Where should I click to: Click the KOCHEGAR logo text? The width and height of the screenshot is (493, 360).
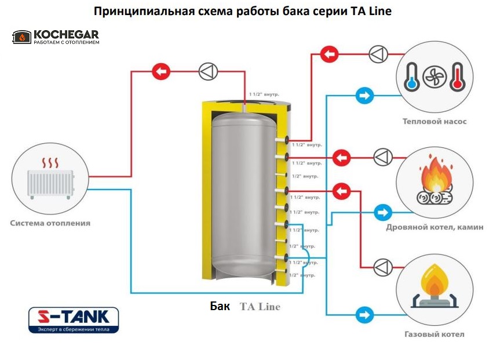click(65, 34)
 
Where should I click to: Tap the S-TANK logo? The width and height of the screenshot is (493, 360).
click(74, 320)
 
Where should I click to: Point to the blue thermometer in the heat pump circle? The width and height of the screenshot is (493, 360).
click(411, 77)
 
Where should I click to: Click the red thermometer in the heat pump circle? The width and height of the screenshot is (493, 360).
click(457, 77)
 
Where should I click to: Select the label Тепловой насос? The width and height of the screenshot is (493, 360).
click(434, 122)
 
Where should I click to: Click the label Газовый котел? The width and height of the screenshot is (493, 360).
click(434, 334)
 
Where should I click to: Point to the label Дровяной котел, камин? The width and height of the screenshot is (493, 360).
click(434, 227)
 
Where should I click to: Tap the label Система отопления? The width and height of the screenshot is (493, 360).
click(50, 223)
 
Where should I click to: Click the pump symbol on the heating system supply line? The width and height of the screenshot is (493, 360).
click(207, 72)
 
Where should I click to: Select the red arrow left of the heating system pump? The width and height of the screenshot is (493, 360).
click(161, 72)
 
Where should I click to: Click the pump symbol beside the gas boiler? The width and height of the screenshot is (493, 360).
click(382, 267)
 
